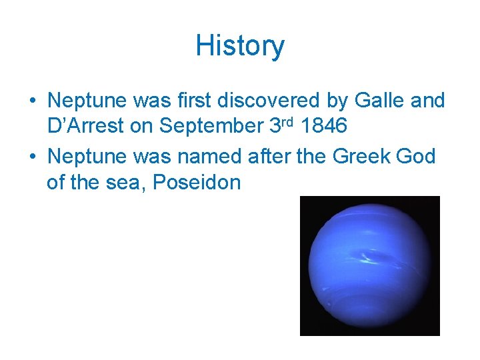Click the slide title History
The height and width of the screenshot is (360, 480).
pyautogui.click(x=240, y=46)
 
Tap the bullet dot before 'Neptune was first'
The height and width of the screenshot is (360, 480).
pyautogui.click(x=33, y=101)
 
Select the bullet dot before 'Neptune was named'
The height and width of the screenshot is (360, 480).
pyautogui.click(x=33, y=157)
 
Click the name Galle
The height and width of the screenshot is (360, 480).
pyautogui.click(x=389, y=101)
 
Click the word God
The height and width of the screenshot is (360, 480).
pyautogui.click(x=417, y=157)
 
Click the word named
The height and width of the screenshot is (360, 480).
pyautogui.click(x=211, y=157)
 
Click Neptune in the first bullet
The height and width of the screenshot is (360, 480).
pyautogui.click(x=87, y=101)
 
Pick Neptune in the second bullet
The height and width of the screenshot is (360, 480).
pyautogui.click(x=87, y=157)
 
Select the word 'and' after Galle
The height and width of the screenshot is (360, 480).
pyautogui.click(x=429, y=101)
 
